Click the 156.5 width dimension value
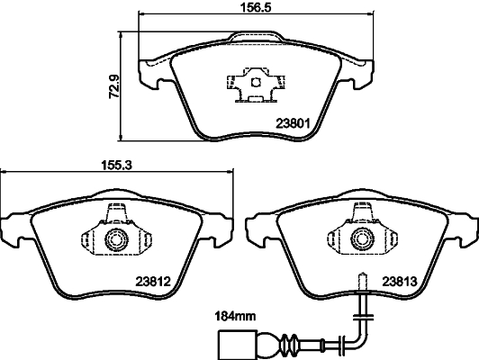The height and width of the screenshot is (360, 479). (x=256, y=6)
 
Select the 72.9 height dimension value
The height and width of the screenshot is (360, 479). (x=114, y=86)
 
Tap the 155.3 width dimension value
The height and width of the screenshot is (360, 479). (x=116, y=166)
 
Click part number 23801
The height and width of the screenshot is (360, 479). (x=293, y=123)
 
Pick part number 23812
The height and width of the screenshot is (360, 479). (x=153, y=281)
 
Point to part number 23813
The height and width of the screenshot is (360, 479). (x=400, y=281)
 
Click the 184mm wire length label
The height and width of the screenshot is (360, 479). (x=236, y=316)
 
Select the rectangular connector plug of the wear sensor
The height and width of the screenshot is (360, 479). (x=232, y=344)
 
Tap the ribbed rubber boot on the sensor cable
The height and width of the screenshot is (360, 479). (x=289, y=344)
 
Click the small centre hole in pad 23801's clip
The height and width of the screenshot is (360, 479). (x=255, y=82)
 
